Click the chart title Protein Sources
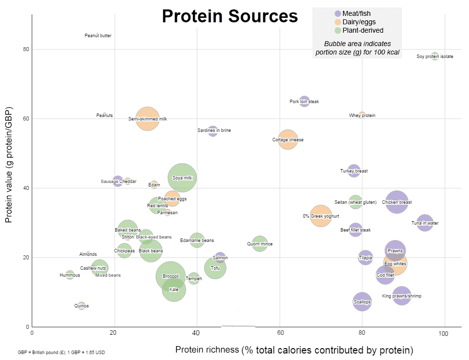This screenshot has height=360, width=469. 230,16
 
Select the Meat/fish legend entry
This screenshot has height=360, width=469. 355,13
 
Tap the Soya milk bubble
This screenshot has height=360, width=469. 182,178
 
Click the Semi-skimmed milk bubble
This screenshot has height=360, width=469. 147,119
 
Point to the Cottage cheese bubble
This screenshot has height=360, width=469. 288,140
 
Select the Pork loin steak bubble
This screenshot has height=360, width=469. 304,102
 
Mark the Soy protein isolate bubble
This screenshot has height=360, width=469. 435,57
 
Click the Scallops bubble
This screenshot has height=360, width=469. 362,301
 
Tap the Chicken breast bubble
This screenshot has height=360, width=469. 397,202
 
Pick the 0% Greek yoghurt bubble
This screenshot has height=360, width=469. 321,216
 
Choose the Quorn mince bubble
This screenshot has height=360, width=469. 260,243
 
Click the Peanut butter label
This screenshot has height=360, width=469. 98,36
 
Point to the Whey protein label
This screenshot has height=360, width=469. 362,116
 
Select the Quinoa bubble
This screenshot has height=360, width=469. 81,306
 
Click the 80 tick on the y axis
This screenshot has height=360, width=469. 25,49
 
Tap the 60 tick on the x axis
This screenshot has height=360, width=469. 280,333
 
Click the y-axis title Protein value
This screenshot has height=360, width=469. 8,165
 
